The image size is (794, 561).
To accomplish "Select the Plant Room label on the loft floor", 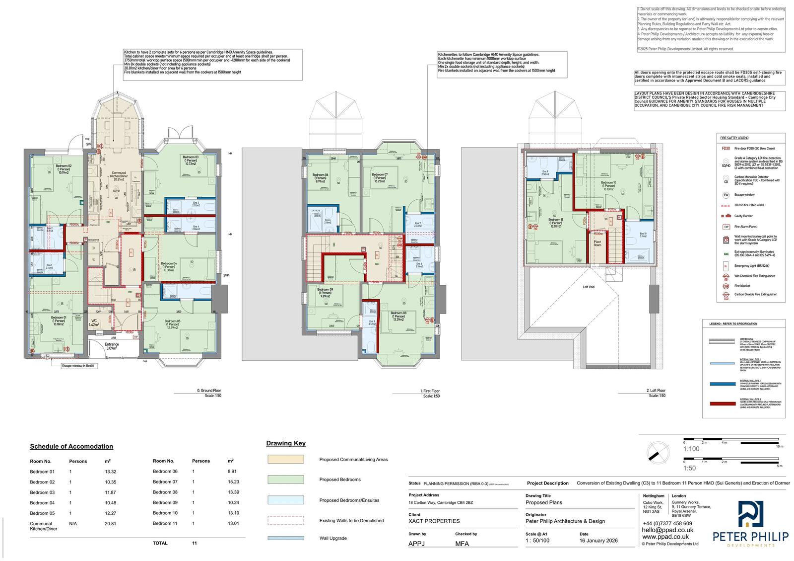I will point(597,243).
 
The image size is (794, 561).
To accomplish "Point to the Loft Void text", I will point(589,287).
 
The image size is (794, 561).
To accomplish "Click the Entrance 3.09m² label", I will point(112,346).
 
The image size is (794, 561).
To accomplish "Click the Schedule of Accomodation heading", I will point(71,446).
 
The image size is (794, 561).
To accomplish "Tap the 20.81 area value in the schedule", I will point(110,523).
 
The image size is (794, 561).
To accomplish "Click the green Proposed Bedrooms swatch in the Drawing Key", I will point(285,480).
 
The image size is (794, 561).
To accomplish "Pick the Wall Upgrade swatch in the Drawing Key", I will point(285,538).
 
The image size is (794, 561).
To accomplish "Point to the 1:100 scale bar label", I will point(691,449).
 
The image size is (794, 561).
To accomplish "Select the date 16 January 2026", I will point(598,541).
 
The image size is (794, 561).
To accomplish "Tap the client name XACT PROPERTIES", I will point(434,521).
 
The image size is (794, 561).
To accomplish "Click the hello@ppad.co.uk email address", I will point(667,530).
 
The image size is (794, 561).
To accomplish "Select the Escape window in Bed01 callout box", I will point(77,366).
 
